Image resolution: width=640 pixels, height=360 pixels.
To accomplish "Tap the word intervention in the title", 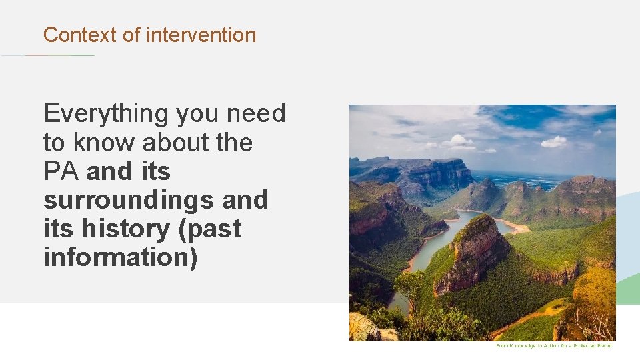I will point(201,35).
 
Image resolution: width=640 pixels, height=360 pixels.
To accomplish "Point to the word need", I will point(256,114).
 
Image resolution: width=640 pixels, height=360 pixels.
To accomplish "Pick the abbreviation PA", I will point(61,171).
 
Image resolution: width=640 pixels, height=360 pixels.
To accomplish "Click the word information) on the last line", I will point(121,257).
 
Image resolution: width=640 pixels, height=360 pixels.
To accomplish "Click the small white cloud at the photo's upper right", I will point(553,141).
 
